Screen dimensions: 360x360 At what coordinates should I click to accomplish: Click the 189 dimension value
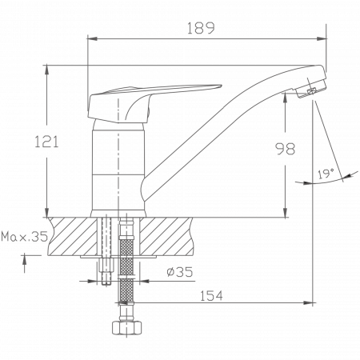(201, 28)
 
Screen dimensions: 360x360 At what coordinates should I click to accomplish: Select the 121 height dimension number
(46, 142)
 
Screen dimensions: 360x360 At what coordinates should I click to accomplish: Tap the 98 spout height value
(285, 149)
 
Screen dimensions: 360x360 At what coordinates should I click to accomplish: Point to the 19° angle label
(326, 174)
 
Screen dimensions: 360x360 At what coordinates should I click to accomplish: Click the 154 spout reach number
(211, 295)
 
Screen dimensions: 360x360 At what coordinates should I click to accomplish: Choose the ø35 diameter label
(179, 272)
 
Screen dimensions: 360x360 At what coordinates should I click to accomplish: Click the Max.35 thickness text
(25, 236)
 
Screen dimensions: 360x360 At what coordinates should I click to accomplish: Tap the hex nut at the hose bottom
(126, 328)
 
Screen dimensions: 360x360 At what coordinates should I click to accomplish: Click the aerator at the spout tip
(311, 89)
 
